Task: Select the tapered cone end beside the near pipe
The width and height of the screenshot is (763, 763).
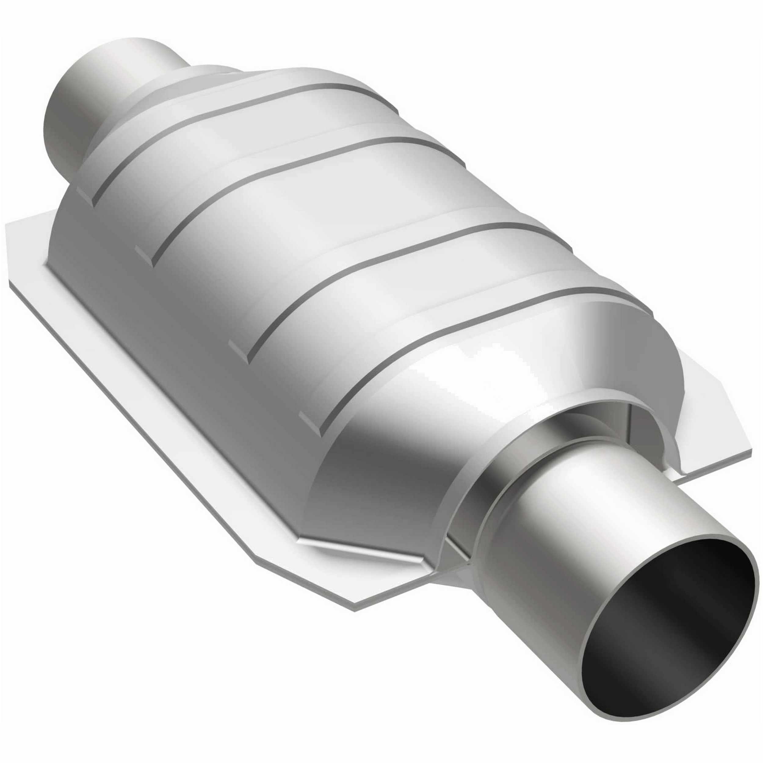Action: click(375, 474)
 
